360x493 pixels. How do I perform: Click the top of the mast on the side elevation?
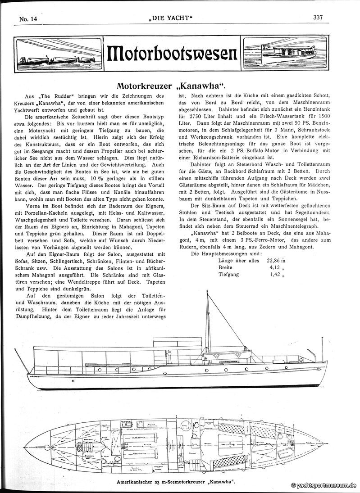(x=207, y=292)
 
